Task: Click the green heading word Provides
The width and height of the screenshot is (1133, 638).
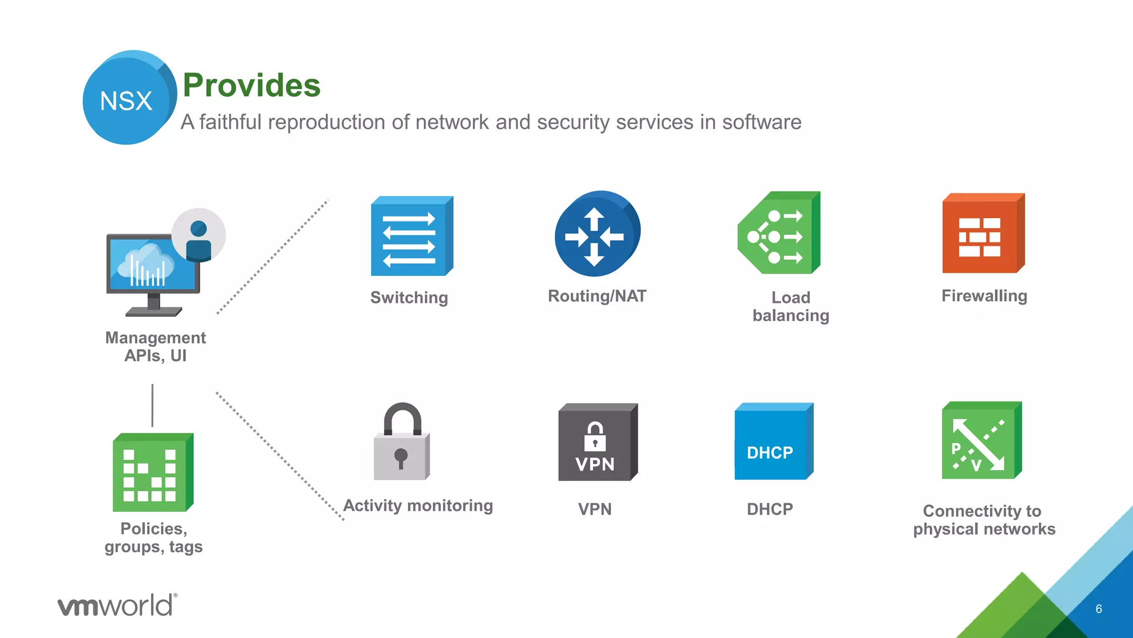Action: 252,85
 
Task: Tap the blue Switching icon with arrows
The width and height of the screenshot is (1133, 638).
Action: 411,236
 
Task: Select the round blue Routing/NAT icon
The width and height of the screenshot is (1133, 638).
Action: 596,234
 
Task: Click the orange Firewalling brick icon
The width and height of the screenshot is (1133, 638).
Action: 983,234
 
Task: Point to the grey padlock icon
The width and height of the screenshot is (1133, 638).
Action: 402,443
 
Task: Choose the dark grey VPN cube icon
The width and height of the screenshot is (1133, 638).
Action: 597,443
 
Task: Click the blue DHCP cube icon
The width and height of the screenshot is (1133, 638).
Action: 773,442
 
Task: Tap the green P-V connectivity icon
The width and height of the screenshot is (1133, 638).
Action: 981,441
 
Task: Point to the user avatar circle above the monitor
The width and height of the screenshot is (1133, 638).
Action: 199,235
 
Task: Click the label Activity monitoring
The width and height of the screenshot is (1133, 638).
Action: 418,506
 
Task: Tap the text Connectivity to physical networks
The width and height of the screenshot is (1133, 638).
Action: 984,520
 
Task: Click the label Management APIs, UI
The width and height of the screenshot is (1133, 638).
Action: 155,347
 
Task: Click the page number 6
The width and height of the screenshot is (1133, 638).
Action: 1099,609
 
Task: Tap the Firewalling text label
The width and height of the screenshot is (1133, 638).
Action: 984,296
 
